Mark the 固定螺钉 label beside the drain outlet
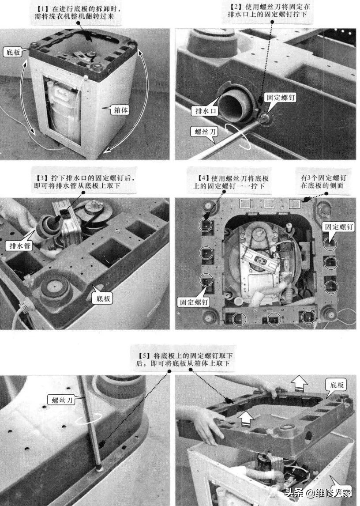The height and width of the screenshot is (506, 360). tap(280, 97)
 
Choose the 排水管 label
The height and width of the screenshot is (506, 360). tap(20, 246)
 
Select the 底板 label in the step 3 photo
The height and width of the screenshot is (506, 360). tap(103, 298)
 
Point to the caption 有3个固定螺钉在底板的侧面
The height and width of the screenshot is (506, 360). tap(323, 181)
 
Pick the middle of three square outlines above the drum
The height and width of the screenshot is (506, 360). tap(270, 203)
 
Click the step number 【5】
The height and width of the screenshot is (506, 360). tap(144, 355)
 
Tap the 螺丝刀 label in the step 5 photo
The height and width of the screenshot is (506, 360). tap(62, 400)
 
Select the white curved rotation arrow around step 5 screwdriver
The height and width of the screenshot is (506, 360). tap(88, 418)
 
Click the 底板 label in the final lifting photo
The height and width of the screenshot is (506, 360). tap(337, 385)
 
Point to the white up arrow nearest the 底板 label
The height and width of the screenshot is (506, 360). tap(298, 383)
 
